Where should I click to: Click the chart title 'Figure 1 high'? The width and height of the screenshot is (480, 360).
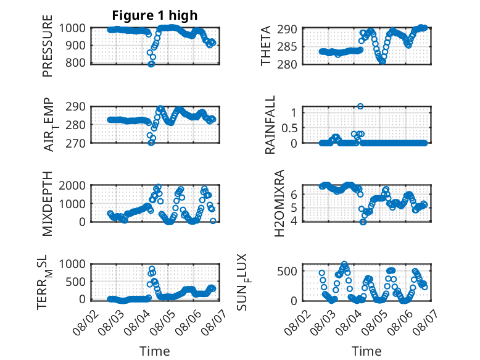tap(155, 15)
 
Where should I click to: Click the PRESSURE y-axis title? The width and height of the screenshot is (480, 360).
tap(48, 46)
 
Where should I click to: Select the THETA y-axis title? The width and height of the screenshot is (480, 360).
tap(266, 46)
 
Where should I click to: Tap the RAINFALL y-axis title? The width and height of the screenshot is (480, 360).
tap(270, 125)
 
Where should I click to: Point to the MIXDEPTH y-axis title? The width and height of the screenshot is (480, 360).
tap(48, 203)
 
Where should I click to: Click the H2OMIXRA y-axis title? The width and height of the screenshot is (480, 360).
tap(279, 203)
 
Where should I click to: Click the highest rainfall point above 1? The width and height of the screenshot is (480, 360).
tap(360, 106)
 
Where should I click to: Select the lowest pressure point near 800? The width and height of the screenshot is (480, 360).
tap(151, 64)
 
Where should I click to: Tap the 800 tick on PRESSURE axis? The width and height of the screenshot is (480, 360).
tap(77, 63)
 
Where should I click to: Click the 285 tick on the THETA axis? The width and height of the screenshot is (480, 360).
tap(287, 47)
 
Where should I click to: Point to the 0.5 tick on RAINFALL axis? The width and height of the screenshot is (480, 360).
tap(289, 128)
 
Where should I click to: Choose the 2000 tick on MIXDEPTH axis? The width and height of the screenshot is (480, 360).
tap(72, 185)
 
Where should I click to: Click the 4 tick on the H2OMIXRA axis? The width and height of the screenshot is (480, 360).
tap(294, 221)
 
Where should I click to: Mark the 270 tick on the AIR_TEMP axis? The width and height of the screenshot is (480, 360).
tap(76, 143)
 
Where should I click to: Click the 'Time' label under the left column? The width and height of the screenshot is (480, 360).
tap(155, 351)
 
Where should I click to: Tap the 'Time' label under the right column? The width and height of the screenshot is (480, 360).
tap(366, 351)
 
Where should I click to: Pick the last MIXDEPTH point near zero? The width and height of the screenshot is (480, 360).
tap(213, 221)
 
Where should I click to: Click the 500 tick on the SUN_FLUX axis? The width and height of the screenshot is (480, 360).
tap(287, 271)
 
